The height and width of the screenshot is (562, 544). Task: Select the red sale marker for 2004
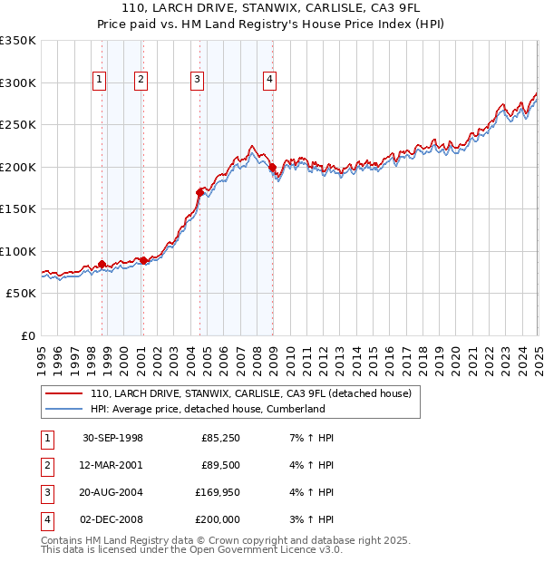(200, 192)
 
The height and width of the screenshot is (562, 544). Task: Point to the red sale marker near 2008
(272, 167)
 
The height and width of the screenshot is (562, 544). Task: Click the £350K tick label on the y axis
(18, 41)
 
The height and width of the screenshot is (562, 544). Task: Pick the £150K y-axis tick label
(18, 208)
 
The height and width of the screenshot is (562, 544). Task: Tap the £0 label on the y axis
(26, 335)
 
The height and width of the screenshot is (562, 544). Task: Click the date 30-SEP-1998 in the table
(112, 439)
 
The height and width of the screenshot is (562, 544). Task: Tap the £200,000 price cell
(218, 519)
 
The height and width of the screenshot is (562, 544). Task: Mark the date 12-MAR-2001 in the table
(112, 466)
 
